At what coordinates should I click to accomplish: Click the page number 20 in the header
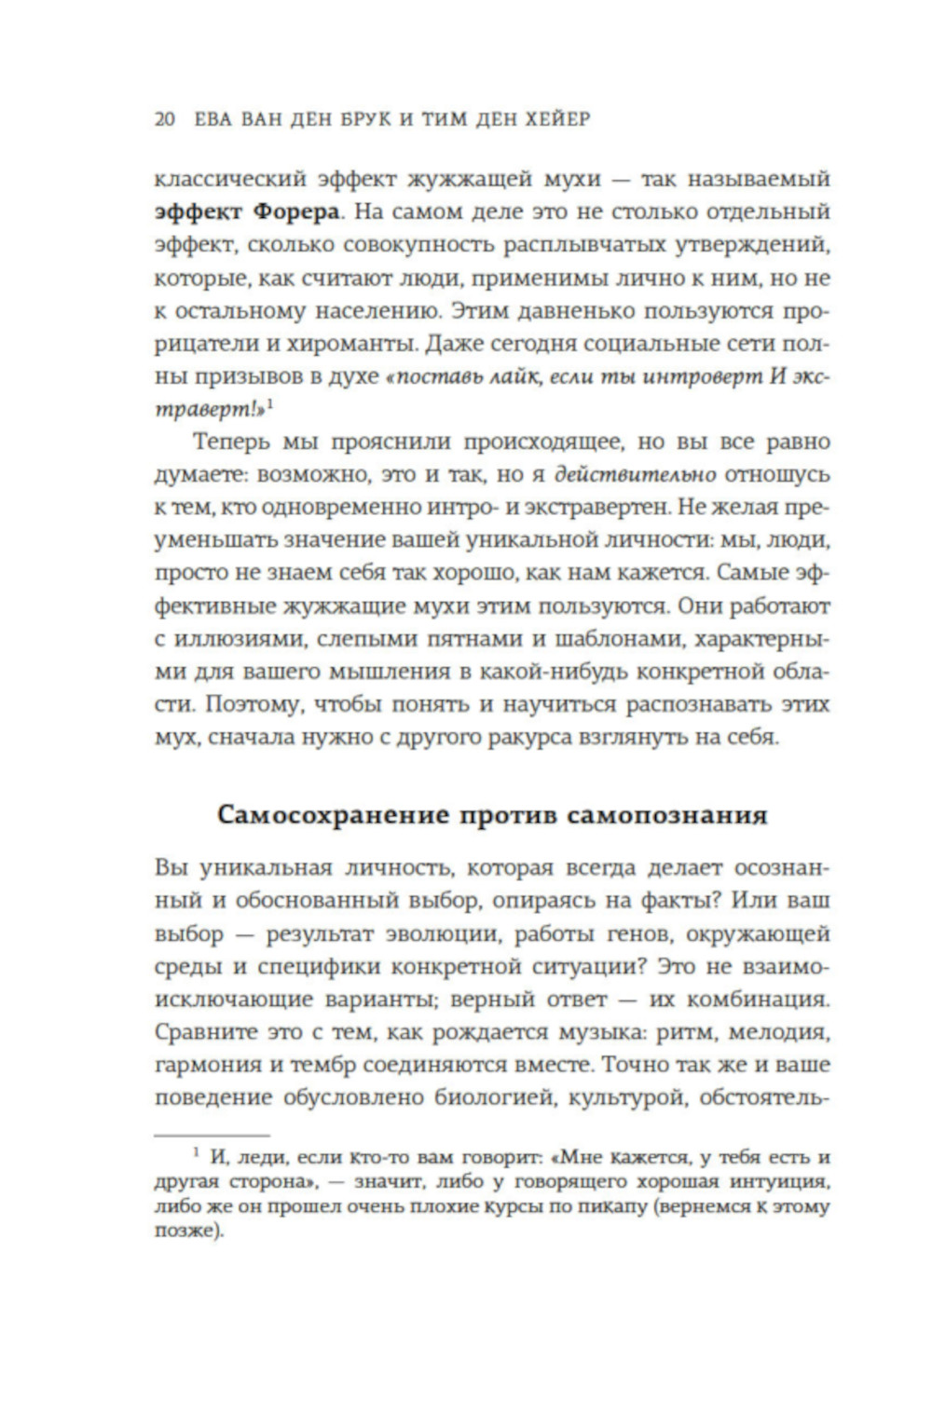164,120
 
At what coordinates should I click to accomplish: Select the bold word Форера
295,211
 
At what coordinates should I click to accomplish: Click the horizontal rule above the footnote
212,1136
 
